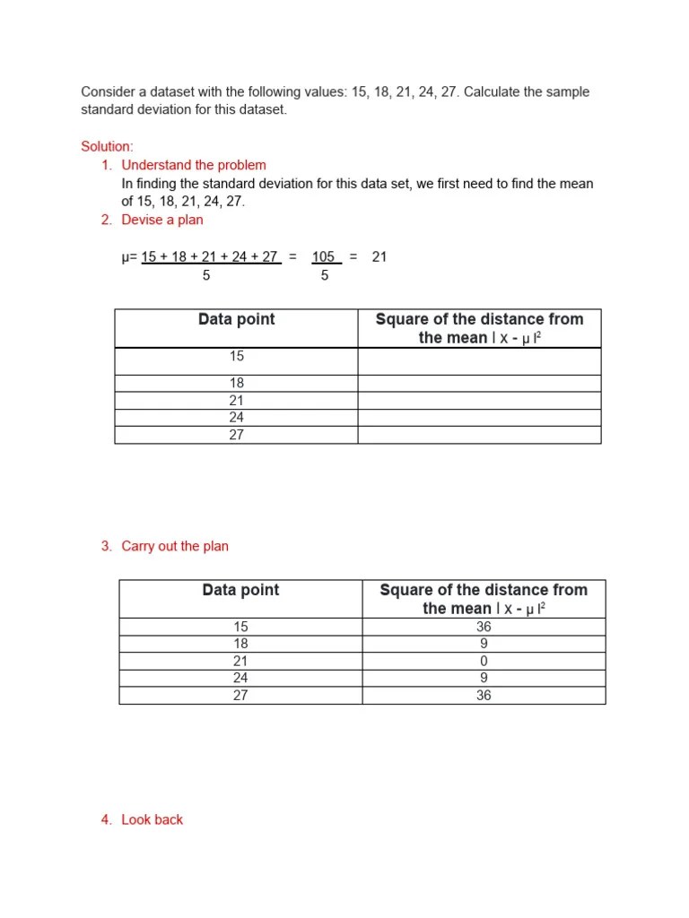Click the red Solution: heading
click(107, 146)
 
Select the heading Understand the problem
click(194, 165)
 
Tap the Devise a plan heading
click(162, 220)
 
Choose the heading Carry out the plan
click(175, 546)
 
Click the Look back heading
click(152, 819)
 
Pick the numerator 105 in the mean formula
click(324, 257)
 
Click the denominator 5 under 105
click(324, 276)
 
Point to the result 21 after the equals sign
click(379, 257)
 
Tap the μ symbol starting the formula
click(126, 258)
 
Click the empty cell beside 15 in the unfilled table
click(479, 360)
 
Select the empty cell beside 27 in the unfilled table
click(479, 435)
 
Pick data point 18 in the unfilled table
click(236, 383)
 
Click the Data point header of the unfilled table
click(237, 319)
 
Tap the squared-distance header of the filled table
click(484, 599)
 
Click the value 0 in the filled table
click(484, 661)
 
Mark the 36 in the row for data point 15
click(484, 627)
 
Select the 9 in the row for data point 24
click(484, 678)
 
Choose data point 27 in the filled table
click(240, 695)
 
